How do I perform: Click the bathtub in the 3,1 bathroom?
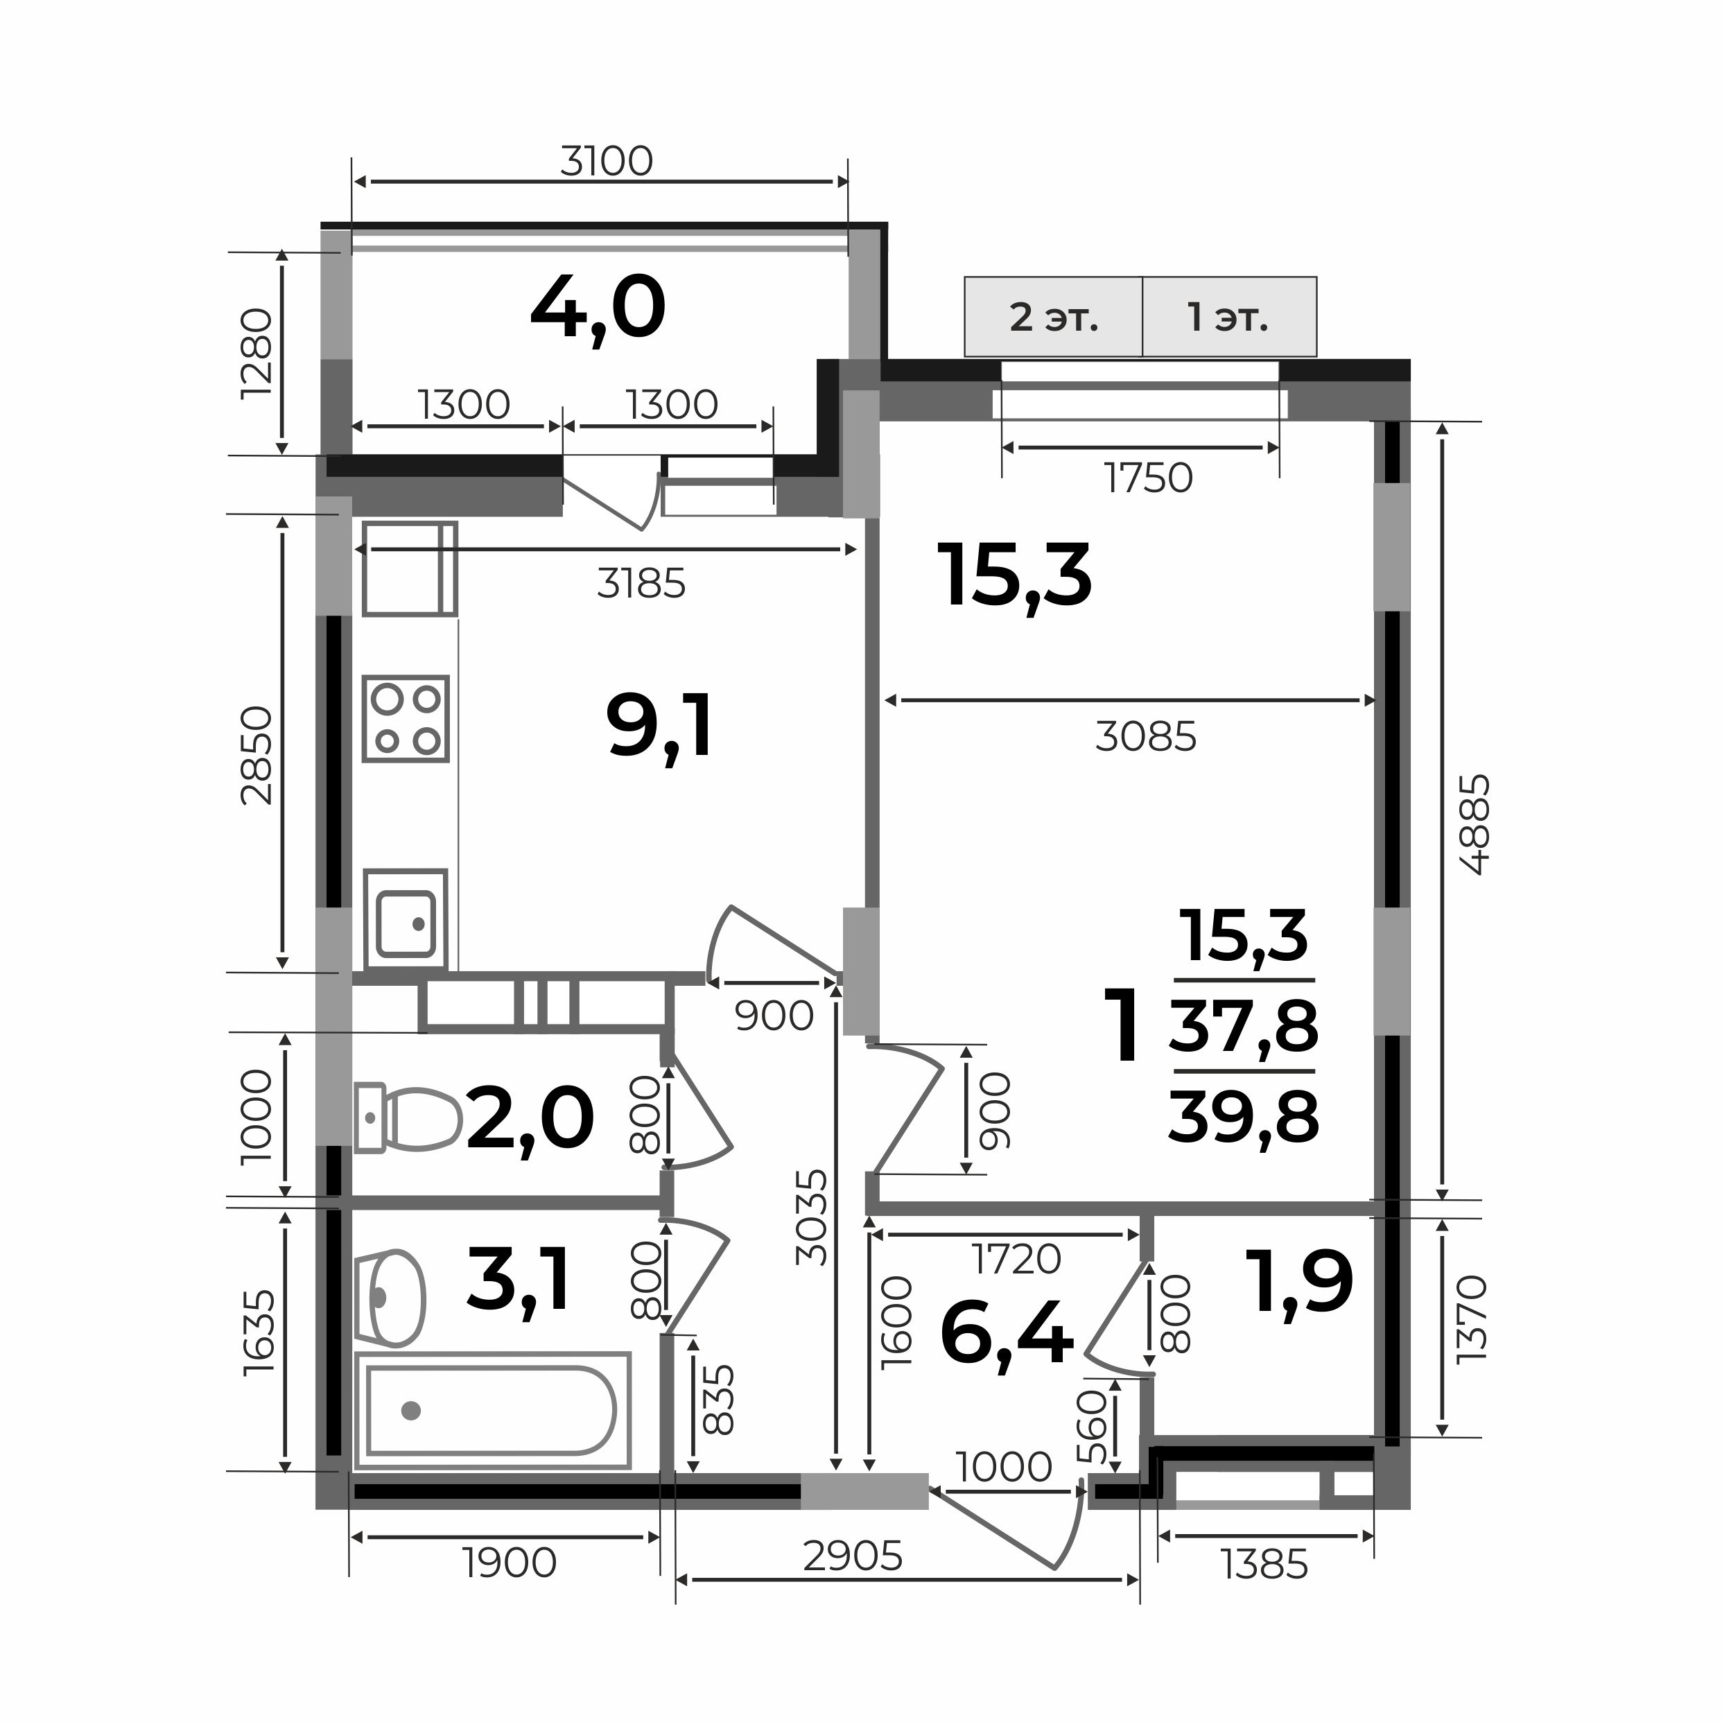493,1411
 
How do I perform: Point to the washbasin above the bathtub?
390,1298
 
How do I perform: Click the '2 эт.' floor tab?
1054,318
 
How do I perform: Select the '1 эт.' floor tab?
1229,318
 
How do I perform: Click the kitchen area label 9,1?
659,727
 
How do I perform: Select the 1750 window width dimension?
1148,478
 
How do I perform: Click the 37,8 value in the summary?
1244,1026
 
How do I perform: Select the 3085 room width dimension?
1146,737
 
